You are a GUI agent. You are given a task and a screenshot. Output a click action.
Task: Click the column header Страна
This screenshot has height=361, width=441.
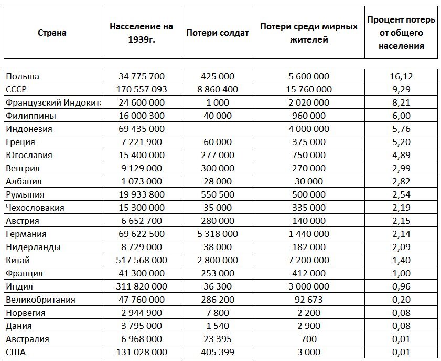point(52,33)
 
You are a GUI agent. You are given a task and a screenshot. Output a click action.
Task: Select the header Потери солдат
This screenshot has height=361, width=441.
point(217,33)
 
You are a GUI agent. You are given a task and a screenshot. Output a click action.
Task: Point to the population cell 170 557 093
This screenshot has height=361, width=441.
point(141,89)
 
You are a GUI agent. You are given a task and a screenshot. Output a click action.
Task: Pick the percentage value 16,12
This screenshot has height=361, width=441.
point(401,76)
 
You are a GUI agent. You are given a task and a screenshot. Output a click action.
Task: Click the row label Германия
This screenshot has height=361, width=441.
point(26,234)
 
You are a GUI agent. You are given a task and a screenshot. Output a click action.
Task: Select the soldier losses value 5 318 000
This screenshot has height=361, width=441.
point(217,234)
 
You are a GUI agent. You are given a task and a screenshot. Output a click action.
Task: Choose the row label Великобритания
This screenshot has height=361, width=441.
point(40,300)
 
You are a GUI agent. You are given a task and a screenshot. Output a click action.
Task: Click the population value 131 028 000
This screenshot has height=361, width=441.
point(141,352)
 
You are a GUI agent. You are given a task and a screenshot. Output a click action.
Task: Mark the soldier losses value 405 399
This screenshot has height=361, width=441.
point(217,352)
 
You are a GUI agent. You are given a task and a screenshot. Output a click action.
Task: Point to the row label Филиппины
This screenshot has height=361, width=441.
point(31,116)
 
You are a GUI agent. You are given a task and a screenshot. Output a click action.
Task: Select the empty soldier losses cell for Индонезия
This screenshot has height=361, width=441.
point(217,129)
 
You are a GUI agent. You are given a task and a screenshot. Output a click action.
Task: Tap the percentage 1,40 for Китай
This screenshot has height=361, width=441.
point(401,260)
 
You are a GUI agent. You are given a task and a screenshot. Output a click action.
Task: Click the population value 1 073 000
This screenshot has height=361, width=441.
point(141,181)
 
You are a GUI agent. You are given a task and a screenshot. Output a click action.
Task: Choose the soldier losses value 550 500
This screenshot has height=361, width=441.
point(217,194)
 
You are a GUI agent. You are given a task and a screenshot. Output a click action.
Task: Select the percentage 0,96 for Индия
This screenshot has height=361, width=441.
point(401,286)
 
